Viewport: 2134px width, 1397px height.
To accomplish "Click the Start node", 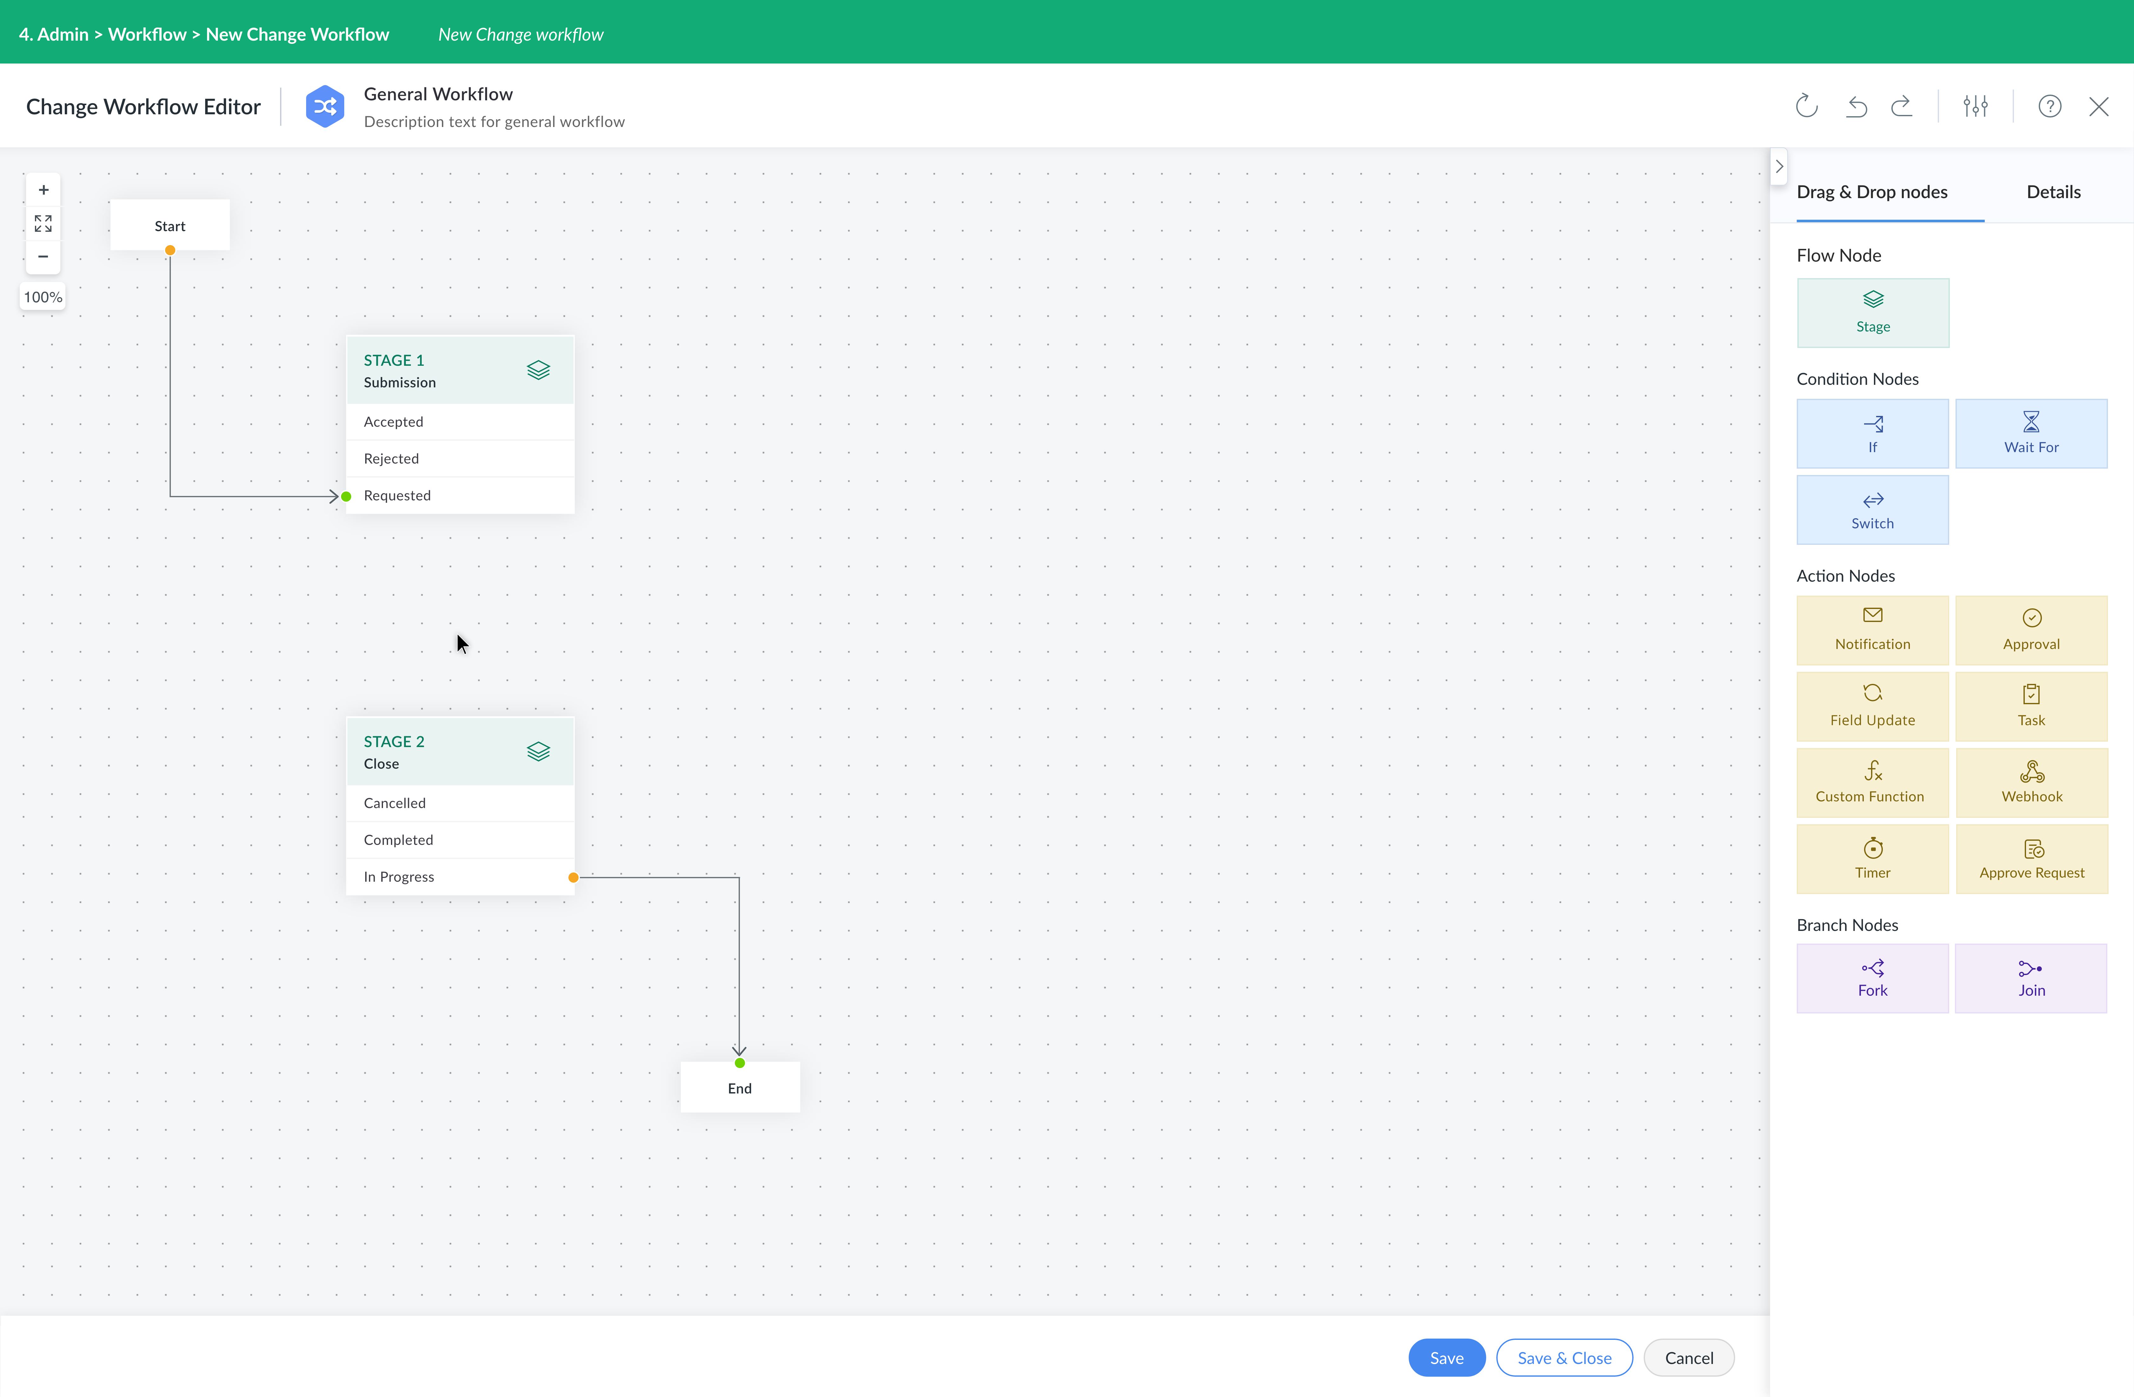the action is coord(170,225).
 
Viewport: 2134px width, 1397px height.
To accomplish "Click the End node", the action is coord(740,1088).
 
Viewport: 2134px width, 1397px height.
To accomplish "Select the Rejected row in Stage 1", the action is coord(460,458).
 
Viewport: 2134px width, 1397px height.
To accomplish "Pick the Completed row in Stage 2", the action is coord(460,839).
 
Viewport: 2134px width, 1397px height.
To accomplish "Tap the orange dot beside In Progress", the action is coord(573,877).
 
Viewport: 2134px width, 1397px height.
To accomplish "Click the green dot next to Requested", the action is coord(346,496).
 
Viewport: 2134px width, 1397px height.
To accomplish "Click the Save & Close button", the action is coord(1564,1358).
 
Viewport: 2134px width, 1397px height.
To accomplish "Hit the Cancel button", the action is coord(1688,1358).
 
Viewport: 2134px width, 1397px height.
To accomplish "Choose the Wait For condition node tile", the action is coord(2031,433).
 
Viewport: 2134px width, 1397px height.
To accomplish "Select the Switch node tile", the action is coord(1872,509).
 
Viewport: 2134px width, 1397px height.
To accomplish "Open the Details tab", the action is coord(2053,192).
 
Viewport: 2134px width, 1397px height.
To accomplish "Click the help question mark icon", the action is coord(2050,107).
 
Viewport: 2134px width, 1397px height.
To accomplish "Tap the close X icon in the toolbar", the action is coord(2098,107).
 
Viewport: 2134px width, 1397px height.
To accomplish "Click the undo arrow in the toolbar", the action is coord(1856,107).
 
